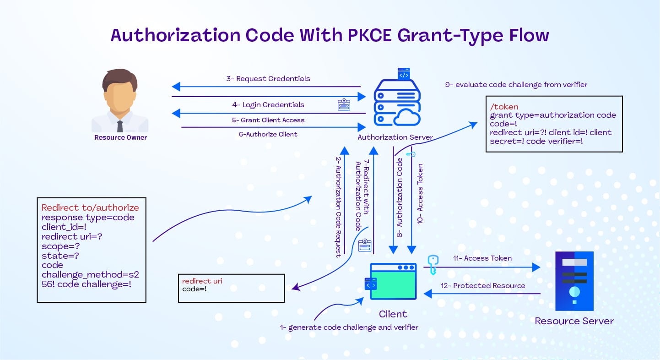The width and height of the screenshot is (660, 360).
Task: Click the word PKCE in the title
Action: (369, 35)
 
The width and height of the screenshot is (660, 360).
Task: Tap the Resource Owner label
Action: (120, 137)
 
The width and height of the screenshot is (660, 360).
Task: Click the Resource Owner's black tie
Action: (120, 126)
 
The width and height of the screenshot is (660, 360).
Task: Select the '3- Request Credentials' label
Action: (268, 79)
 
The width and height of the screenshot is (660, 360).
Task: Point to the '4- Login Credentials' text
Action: (268, 105)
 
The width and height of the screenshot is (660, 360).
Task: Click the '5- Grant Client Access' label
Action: (268, 120)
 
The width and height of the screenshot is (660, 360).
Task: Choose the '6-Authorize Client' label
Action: (268, 134)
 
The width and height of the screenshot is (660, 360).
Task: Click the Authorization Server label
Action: (395, 137)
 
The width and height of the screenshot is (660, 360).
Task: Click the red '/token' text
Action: (504, 107)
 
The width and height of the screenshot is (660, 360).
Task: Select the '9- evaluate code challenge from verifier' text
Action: (516, 85)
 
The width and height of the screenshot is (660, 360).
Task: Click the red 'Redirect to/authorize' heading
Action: (90, 207)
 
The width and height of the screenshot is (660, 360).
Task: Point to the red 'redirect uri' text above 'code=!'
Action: (202, 281)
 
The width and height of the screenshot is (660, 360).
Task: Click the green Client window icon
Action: (393, 281)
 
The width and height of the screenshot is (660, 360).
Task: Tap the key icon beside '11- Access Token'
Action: (433, 265)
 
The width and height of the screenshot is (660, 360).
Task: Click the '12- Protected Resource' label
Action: (483, 286)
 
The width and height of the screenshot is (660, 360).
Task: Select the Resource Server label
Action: (574, 321)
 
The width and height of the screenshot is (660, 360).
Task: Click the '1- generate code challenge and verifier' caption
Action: (349, 327)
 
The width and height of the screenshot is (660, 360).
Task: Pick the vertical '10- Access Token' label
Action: (420, 194)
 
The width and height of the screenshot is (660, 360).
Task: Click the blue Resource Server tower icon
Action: (574, 281)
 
